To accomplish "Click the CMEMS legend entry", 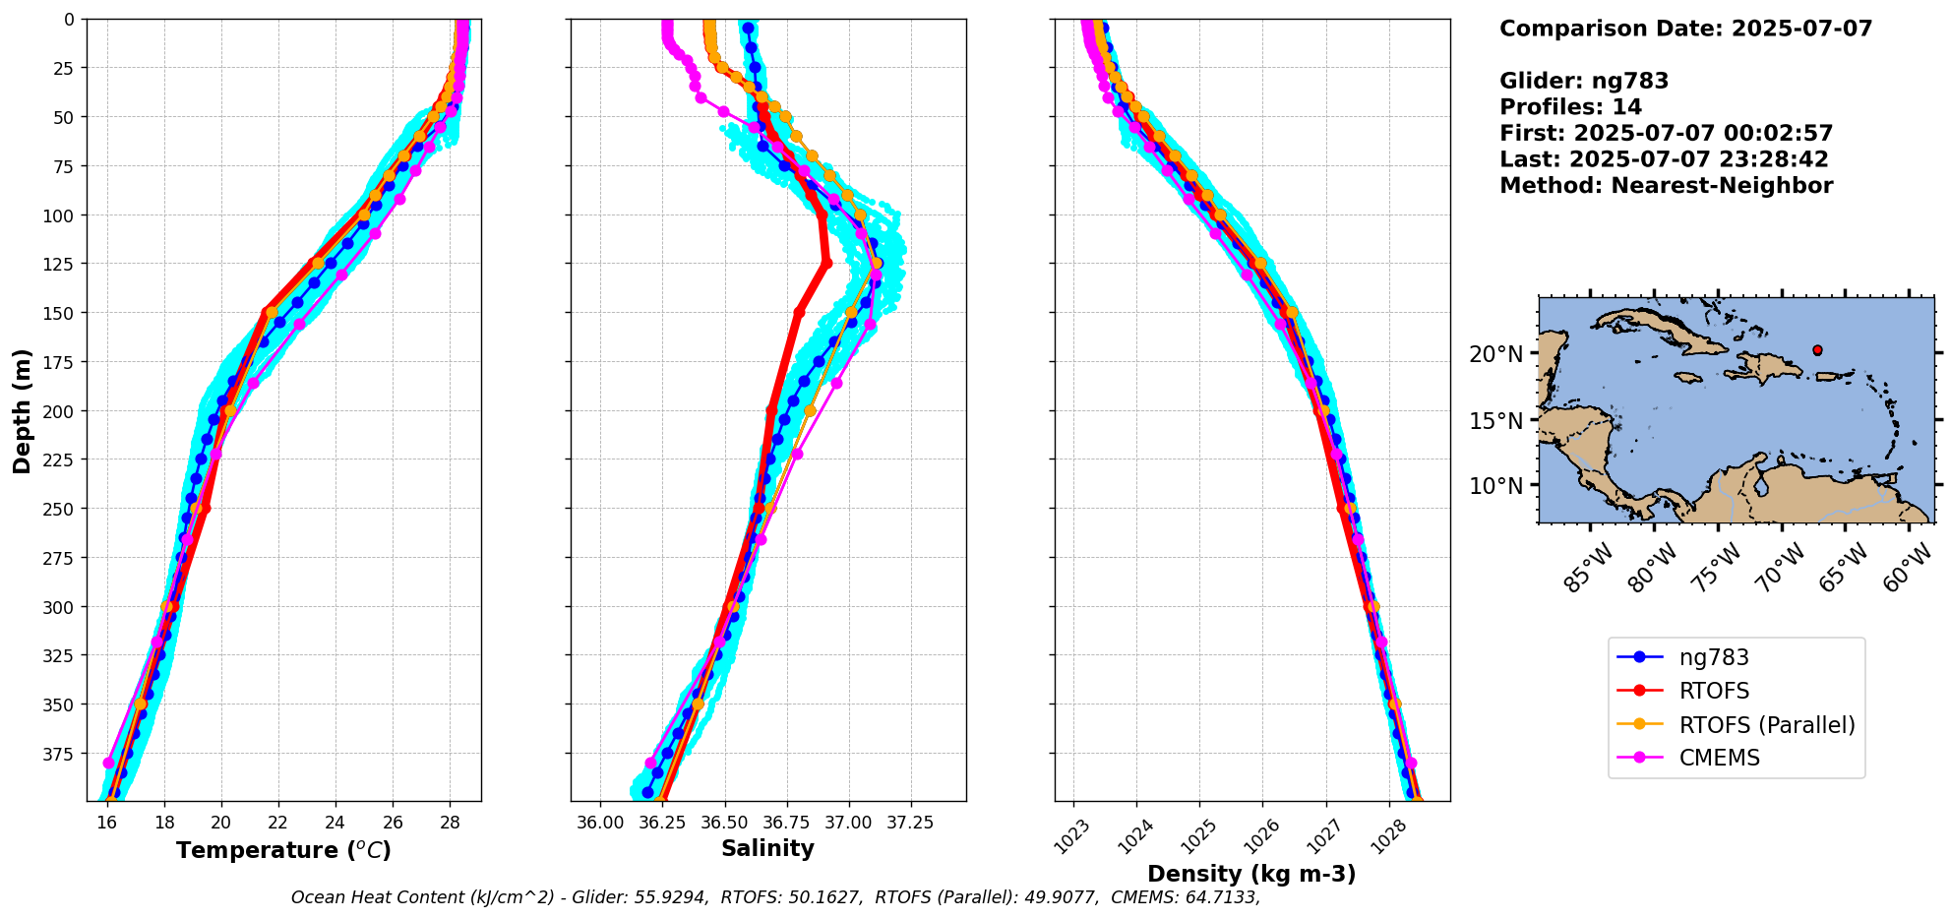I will pyautogui.click(x=1719, y=758).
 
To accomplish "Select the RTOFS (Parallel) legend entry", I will pyautogui.click(x=1766, y=725).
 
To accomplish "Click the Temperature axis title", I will pyautogui.click(x=283, y=850).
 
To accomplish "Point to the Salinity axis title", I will pyautogui.click(x=767, y=848).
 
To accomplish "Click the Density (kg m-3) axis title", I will pyautogui.click(x=1251, y=874).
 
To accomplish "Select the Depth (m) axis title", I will pyautogui.click(x=23, y=410).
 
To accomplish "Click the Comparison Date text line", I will pyautogui.click(x=1685, y=29).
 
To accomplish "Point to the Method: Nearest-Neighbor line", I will pyautogui.click(x=1666, y=186).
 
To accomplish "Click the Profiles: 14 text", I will pyautogui.click(x=1570, y=107).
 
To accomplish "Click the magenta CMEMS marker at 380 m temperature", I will pyautogui.click(x=108, y=763).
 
